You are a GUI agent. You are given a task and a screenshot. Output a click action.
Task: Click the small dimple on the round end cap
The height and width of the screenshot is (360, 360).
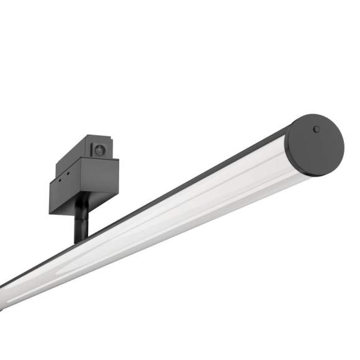317,130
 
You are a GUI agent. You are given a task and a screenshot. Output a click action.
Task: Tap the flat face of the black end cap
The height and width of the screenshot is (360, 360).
318,148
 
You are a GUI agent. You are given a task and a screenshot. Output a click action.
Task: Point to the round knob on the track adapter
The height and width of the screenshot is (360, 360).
100,150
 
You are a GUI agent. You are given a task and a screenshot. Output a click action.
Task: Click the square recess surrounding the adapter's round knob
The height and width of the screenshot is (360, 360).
100,150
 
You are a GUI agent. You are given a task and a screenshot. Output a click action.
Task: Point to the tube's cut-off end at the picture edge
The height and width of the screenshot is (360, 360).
3,295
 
